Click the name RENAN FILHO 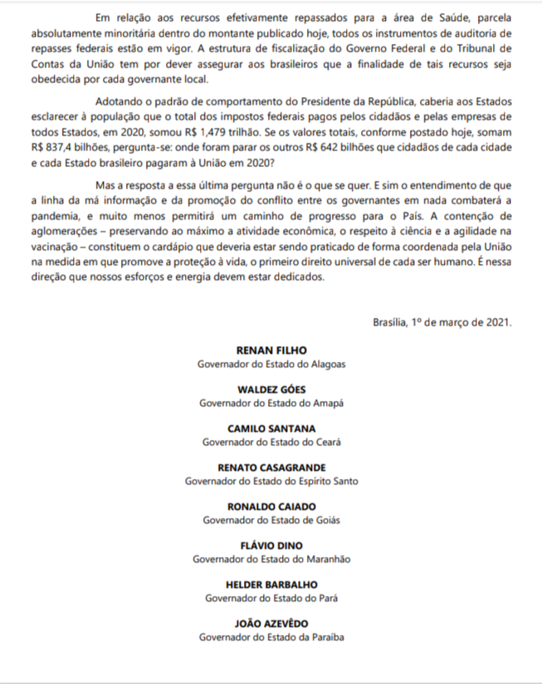click(271, 350)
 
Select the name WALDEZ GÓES click(271, 389)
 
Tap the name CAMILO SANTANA click(271, 428)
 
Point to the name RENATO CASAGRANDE click(271, 467)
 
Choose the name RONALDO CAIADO click(271, 506)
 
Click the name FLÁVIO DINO click(271, 545)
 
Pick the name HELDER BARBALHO click(271, 584)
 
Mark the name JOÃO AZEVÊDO click(271, 623)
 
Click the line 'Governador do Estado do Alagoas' click(271, 364)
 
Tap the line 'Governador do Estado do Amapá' click(271, 403)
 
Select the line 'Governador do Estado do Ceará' click(271, 442)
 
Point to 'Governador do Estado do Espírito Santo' click(271, 481)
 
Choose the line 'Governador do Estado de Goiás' click(271, 520)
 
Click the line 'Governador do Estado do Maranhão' click(271, 559)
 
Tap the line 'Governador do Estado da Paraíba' click(271, 637)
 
